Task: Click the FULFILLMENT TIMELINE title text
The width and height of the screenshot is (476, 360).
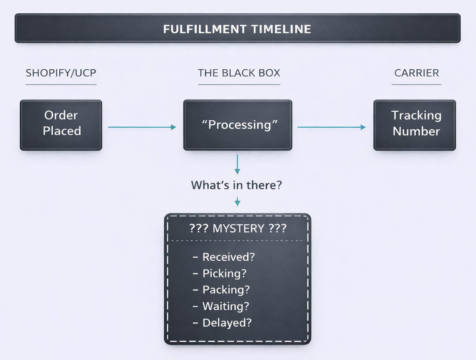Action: coord(237,29)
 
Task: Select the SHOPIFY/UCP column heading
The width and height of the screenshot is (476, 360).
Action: coord(61,73)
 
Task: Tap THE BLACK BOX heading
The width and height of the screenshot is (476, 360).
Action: coord(239,73)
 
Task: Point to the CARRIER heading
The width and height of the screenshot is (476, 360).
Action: coord(416,73)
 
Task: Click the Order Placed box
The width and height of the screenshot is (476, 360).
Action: coord(61,125)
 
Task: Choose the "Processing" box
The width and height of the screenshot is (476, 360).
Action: coord(238,125)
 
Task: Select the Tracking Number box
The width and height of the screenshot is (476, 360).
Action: coord(415,125)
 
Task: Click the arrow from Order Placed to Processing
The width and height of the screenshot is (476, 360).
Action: coord(142,127)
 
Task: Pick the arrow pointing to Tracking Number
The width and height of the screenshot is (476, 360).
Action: coord(331,127)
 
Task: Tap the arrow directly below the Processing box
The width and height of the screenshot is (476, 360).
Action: coord(238,164)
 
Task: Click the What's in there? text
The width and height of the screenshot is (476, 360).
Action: coord(237,185)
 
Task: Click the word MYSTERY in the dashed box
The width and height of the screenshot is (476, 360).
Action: coord(238,228)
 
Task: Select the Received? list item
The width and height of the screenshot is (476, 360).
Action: coord(229,257)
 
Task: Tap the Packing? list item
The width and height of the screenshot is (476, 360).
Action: coord(226,290)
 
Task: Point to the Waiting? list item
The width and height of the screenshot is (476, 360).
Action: coord(226,306)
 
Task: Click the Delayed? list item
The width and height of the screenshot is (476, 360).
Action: coord(227,323)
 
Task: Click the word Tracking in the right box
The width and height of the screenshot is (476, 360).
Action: coord(416,115)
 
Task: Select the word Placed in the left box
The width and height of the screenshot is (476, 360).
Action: coord(62,131)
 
